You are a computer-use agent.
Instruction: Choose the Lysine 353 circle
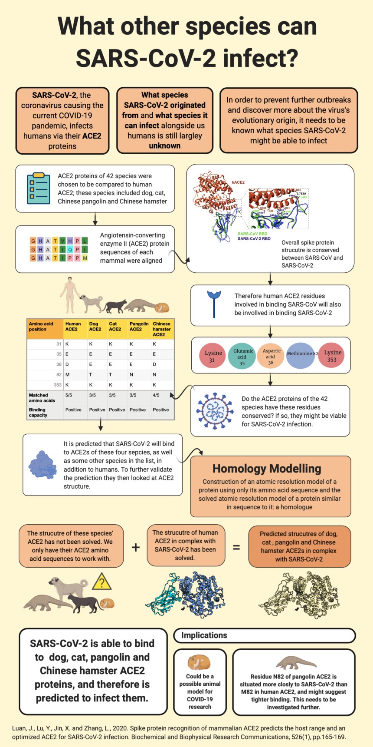[x=332, y=356]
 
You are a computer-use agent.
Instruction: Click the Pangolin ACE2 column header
[x=139, y=327]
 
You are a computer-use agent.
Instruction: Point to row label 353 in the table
[x=58, y=385]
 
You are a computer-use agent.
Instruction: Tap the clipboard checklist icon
[x=39, y=188]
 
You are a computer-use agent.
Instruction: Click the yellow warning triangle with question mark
[x=102, y=582]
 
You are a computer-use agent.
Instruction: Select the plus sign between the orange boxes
[x=136, y=547]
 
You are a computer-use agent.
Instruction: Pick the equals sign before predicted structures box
[x=236, y=547]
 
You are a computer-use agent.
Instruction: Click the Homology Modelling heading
[x=267, y=469]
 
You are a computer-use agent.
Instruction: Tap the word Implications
[x=204, y=635]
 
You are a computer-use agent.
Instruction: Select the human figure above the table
[x=69, y=295]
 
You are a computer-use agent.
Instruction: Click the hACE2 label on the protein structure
[x=238, y=182]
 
